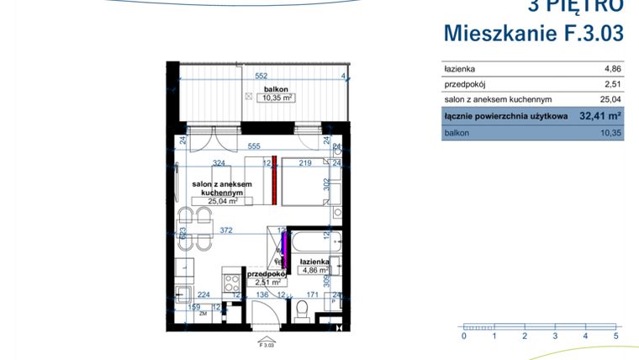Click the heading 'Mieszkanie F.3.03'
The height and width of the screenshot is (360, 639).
[x=533, y=34]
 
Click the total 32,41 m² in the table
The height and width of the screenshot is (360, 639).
[x=599, y=116]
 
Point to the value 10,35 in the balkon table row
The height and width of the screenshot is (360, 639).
[x=610, y=132]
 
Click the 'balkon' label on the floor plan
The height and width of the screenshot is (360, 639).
[x=276, y=88]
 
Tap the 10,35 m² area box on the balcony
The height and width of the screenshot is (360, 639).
[x=276, y=98]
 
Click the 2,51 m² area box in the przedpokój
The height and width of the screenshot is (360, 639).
[x=261, y=283]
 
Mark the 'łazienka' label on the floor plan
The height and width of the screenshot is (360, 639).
[x=313, y=262]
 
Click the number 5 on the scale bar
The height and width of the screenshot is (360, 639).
[x=616, y=336]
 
